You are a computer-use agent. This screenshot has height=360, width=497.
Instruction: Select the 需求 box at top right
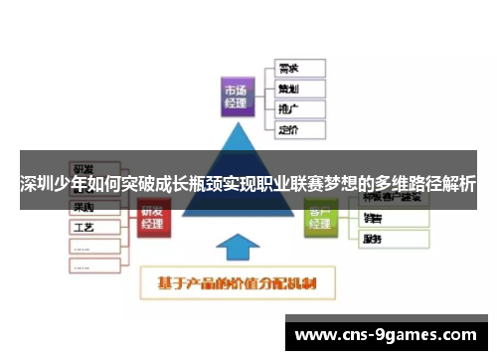click(297, 69)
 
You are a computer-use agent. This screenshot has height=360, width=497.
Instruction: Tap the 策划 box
click(297, 89)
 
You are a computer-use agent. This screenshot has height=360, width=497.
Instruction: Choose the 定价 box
click(297, 129)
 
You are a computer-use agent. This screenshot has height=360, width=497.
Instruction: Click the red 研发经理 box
click(152, 216)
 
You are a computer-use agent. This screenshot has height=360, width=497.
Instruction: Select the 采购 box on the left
click(93, 207)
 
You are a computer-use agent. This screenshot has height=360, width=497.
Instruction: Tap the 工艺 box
click(93, 227)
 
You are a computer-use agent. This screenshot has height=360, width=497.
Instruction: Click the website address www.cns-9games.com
click(387, 335)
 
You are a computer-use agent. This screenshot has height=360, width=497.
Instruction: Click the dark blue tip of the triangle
click(239, 139)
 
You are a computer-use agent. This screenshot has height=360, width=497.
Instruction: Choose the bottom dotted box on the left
click(93, 268)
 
